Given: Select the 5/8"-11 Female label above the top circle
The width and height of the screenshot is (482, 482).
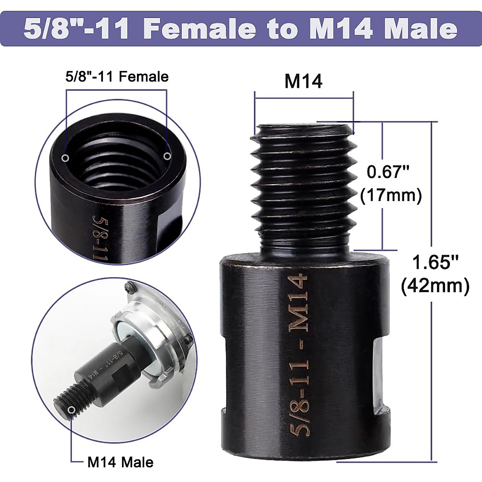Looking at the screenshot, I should pyautogui.click(x=117, y=76).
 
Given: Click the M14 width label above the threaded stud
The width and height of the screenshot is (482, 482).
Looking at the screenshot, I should pyautogui.click(x=303, y=82).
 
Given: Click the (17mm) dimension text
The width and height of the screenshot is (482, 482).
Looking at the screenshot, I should pyautogui.click(x=391, y=196).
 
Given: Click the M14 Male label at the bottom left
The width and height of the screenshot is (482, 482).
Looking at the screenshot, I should pyautogui.click(x=120, y=462).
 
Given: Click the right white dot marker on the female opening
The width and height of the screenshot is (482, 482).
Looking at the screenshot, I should pyautogui.click(x=167, y=155).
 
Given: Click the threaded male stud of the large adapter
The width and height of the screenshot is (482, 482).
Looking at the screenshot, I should pyautogui.click(x=304, y=185).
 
